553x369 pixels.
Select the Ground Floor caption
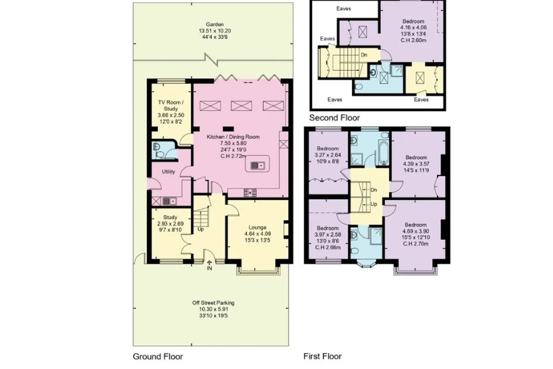(158, 356)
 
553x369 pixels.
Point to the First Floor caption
(323, 356)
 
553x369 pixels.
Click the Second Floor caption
(334, 117)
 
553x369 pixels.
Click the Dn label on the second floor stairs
(364, 55)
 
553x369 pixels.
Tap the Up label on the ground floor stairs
(200, 230)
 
